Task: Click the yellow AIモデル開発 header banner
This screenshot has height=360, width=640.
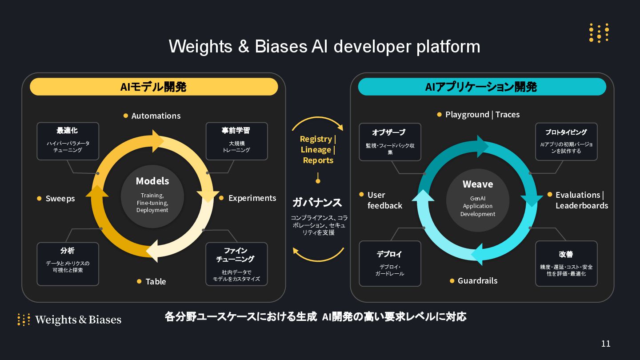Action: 154,87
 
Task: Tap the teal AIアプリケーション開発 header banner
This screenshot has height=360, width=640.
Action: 482,87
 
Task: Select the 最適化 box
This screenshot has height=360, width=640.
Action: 68,141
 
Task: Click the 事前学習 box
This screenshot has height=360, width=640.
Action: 236,141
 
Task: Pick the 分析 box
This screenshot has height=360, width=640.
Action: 68,264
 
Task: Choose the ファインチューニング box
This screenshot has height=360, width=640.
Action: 236,264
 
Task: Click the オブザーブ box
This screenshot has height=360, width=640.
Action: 390,142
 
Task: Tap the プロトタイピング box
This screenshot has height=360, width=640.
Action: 566,142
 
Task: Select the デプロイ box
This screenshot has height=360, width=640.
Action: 390,264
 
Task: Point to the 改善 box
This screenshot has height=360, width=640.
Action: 566,264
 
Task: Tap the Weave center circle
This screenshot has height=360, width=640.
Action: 478,198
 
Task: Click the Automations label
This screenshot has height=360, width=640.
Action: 156,116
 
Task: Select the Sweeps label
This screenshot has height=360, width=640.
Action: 60,199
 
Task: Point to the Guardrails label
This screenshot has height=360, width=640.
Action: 477,281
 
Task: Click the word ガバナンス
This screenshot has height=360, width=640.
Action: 317,203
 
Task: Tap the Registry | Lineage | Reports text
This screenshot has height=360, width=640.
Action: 318,150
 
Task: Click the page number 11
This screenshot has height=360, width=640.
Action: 605,344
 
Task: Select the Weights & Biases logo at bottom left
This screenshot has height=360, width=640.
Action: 69,320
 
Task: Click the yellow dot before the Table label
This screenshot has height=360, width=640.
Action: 139,281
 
